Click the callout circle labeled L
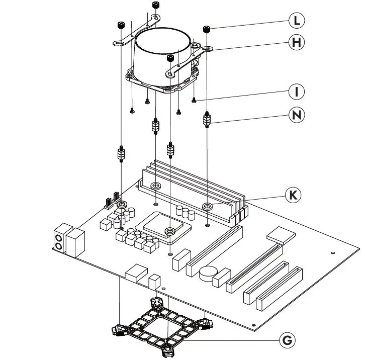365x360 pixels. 297,21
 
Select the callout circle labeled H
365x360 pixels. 297,43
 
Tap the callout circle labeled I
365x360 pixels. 297,92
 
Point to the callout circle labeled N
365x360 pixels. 297,115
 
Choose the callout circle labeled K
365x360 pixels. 292,195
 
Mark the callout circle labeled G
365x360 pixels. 287,340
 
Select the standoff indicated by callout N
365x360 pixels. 207,121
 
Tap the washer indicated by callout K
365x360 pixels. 207,206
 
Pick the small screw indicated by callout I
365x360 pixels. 194,101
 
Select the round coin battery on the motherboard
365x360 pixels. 207,274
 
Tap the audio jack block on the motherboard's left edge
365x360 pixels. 59,238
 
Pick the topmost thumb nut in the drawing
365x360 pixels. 155,6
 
